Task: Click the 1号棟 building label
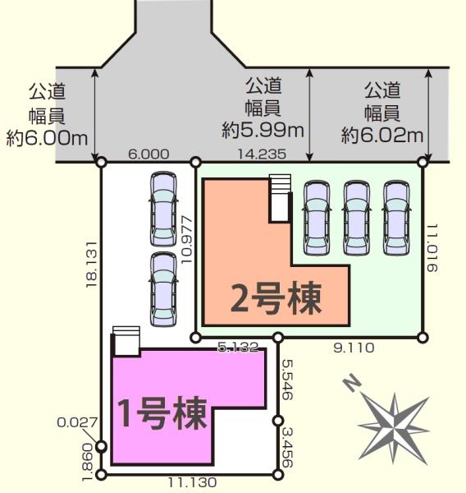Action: click(162, 414)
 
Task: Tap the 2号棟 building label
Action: click(276, 298)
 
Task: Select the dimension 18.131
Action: click(91, 265)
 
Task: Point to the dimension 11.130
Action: click(192, 482)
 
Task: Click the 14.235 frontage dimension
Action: click(262, 154)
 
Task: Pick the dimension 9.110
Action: click(354, 348)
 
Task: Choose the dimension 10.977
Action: click(186, 240)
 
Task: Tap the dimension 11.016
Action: click(432, 248)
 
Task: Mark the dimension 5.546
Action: click(287, 380)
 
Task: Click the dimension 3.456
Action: click(287, 446)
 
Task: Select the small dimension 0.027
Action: click(77, 422)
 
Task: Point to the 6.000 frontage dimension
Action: click(148, 154)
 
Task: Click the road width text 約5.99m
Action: click(263, 130)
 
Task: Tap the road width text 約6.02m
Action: click(382, 136)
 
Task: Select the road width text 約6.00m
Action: click(47, 138)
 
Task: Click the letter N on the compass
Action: click(351, 383)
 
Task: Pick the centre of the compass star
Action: click(394, 428)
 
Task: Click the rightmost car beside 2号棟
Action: click(396, 217)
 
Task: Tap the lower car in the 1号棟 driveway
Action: click(163, 289)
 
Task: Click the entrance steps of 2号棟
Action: click(280, 198)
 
